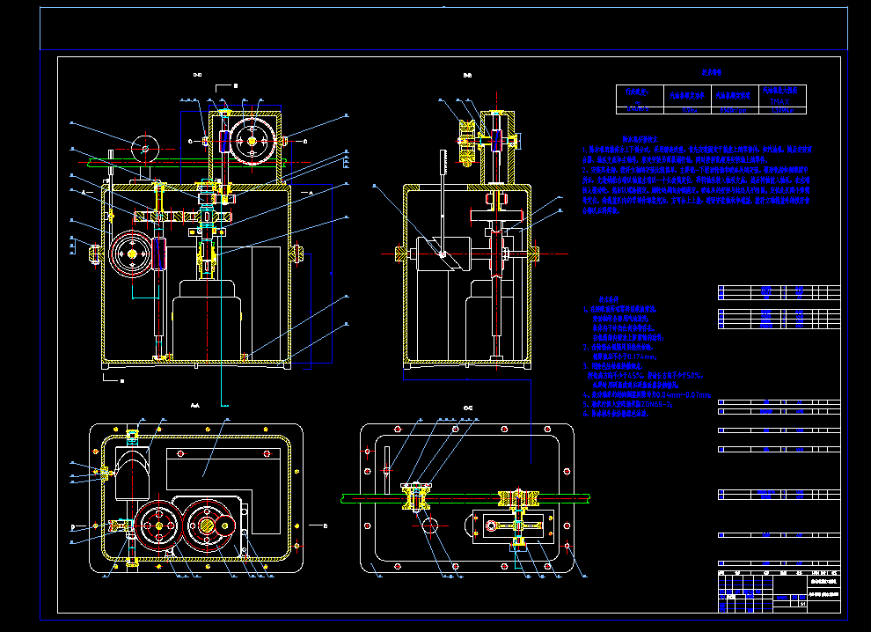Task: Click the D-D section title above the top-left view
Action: click(198, 76)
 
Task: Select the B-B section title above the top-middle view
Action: click(468, 76)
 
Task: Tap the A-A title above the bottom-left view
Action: click(194, 405)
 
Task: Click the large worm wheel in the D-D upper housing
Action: click(254, 140)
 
